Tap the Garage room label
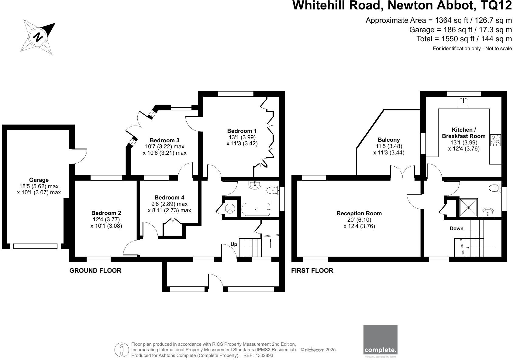pos(39,180)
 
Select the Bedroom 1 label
pos(242,131)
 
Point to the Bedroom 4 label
pos(169,198)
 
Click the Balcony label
pos(389,140)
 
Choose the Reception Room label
pos(359,213)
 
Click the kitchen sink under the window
pos(463,102)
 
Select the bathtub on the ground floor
pos(256,209)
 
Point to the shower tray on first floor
pos(468,208)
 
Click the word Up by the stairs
pos(234,244)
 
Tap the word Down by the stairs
pos(456,229)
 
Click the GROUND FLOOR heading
pos(95,271)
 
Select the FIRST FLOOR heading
pos(312,271)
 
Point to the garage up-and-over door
pos(35,246)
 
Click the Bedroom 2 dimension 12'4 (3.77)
pos(106,219)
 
